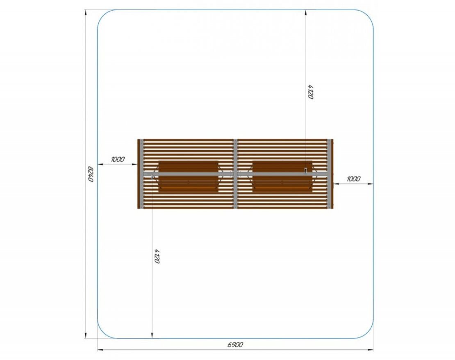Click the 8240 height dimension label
[x=91, y=174]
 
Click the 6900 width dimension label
[x=235, y=344]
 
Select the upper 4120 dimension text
[x=311, y=92]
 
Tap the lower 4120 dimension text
[x=157, y=256]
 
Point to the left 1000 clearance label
[x=118, y=159]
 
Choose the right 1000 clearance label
[x=354, y=179]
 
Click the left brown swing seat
[x=188, y=177]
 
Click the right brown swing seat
[x=282, y=177]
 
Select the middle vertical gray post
[x=235, y=174]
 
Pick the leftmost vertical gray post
[x=141, y=174]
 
